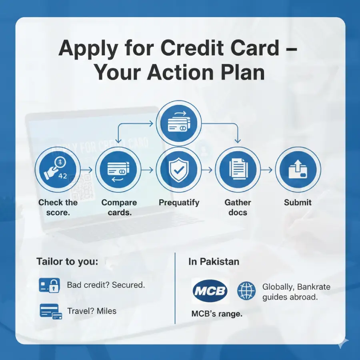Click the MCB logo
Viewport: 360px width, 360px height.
click(x=210, y=290)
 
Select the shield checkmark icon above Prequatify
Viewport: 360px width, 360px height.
click(x=178, y=170)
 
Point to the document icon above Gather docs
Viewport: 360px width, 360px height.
click(x=238, y=170)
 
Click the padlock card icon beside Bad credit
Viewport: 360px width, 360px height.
click(x=50, y=285)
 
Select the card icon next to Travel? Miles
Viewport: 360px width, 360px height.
click(x=51, y=311)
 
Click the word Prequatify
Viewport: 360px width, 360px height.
click(x=179, y=202)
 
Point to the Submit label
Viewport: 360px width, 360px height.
click(x=298, y=202)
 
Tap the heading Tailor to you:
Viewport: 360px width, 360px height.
click(x=67, y=262)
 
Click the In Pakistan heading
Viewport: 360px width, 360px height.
click(x=214, y=262)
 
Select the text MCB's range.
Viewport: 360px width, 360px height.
click(x=217, y=314)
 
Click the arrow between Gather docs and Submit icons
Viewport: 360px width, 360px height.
click(x=268, y=170)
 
